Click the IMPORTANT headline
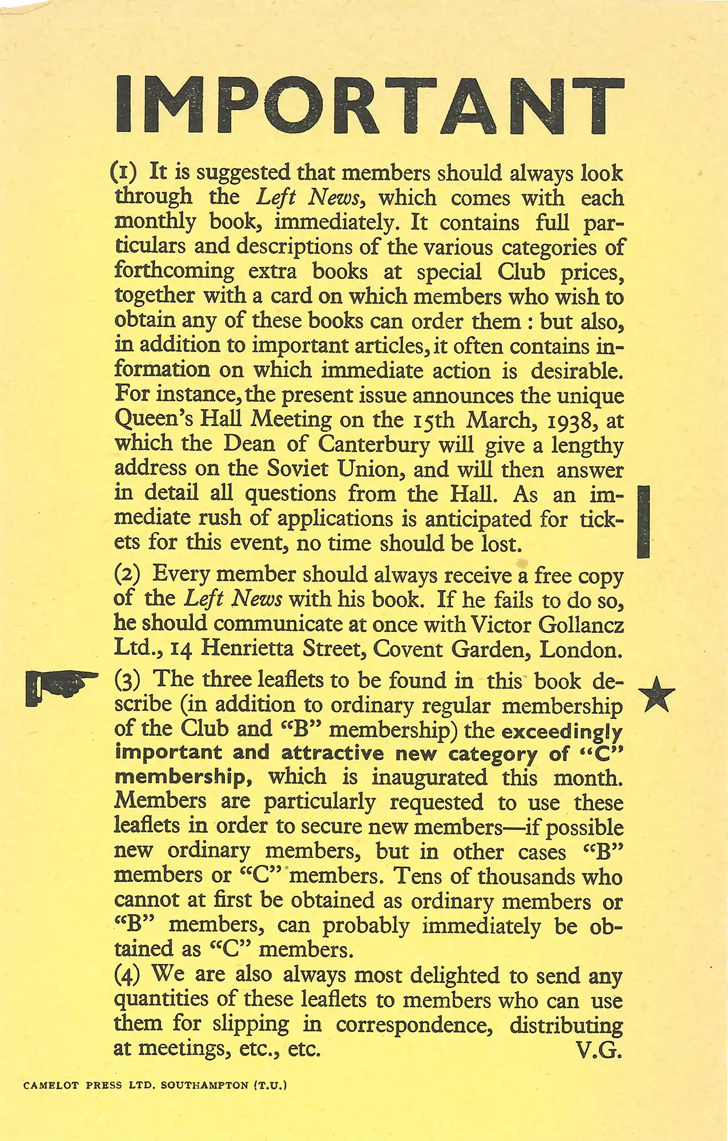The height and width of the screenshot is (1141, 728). [369, 105]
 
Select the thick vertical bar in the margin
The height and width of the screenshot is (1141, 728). [643, 521]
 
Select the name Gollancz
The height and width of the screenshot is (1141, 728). [581, 625]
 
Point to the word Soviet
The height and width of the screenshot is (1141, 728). [297, 470]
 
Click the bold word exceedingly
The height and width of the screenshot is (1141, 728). [562, 731]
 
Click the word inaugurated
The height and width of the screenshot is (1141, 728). [429, 778]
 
